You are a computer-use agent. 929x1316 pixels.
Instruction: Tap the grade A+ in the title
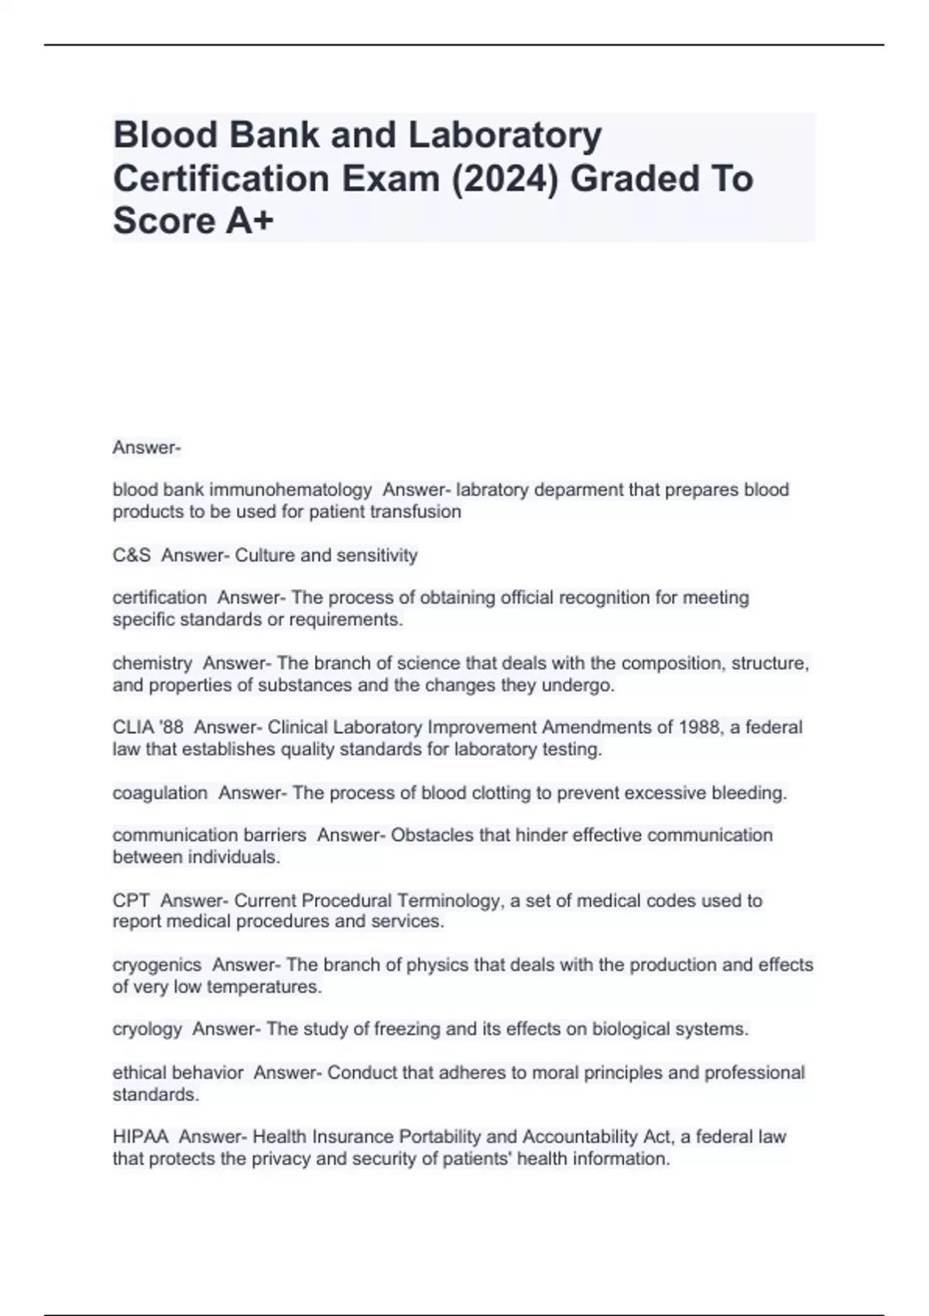coord(250,221)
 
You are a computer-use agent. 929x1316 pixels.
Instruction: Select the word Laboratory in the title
coord(505,135)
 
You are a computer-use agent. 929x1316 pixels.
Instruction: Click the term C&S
coord(132,555)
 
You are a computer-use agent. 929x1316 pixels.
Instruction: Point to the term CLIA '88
coord(148,728)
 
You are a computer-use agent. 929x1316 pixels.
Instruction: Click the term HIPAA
coord(140,1136)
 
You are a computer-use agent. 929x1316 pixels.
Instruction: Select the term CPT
coord(131,900)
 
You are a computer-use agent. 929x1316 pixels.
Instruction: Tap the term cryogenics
coord(157,965)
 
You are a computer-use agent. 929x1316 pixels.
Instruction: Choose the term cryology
coord(147,1029)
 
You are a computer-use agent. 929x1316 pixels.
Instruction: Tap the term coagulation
coord(160,793)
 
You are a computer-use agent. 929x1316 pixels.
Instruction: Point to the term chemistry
coord(153,663)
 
